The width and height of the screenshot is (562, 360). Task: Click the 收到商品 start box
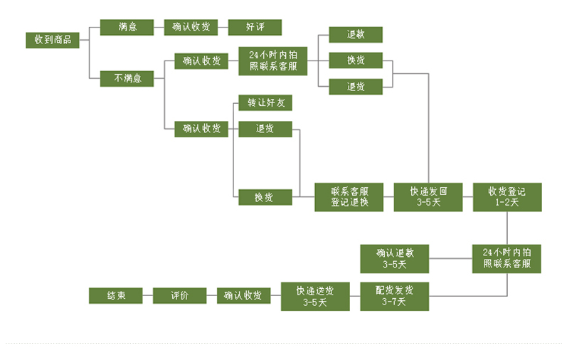pos(53,40)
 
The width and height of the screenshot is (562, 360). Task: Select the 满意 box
pos(127,27)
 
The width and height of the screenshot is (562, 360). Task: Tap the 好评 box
pos(255,27)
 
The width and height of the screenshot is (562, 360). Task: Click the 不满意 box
pos(127,78)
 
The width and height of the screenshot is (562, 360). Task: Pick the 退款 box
pos(356,34)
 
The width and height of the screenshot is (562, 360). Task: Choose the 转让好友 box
pos(265,103)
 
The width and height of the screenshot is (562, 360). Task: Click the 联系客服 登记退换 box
pos(349,197)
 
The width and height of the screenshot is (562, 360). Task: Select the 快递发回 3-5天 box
pos(428,197)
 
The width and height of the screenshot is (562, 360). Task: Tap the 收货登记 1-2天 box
pos(507,197)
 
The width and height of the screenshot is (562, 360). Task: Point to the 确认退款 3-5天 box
pos(394,258)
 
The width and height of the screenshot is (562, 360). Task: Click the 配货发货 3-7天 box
pos(394,296)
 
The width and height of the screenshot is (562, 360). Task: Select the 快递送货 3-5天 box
pos(314,296)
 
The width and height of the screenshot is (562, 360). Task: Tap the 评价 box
pos(179,296)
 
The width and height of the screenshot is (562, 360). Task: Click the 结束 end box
pos(116,296)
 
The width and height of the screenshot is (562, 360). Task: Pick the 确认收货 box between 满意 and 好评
pos(191,27)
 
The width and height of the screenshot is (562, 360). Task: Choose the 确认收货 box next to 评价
pos(243,296)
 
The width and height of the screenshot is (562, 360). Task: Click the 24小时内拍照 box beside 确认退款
pos(507,258)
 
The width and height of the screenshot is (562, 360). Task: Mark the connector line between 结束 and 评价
pos(148,296)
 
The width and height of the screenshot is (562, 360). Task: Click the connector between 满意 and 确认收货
pos(159,27)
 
